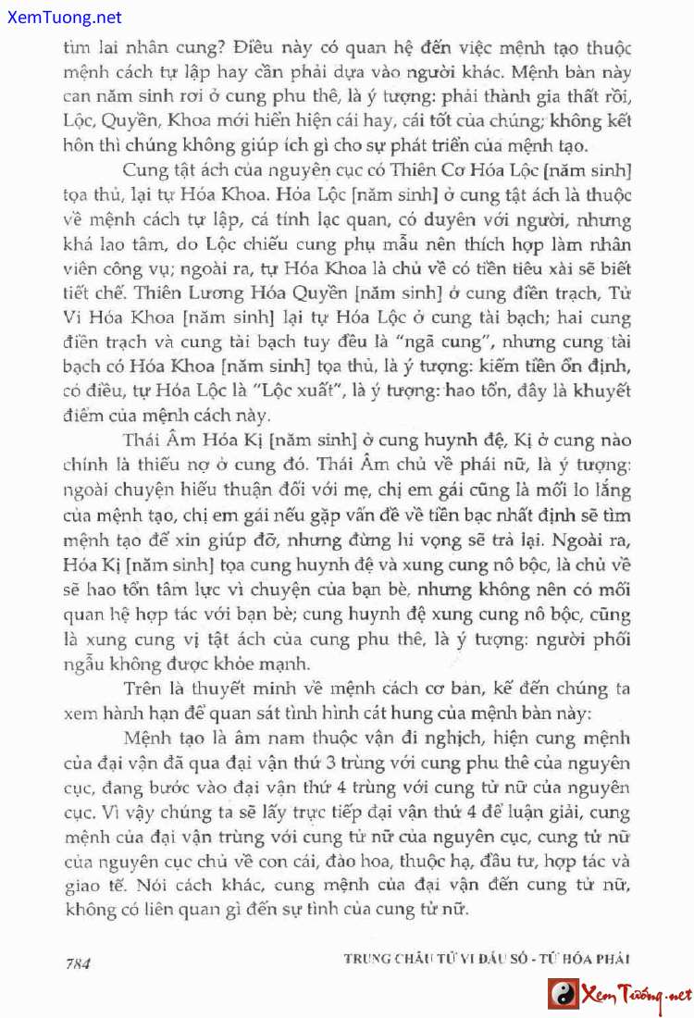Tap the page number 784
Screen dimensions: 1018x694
(78, 962)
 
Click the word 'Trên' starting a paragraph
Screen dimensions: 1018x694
(141, 689)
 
